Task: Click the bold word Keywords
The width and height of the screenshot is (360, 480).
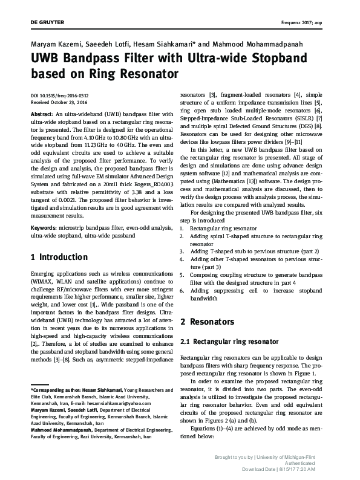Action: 44,227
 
